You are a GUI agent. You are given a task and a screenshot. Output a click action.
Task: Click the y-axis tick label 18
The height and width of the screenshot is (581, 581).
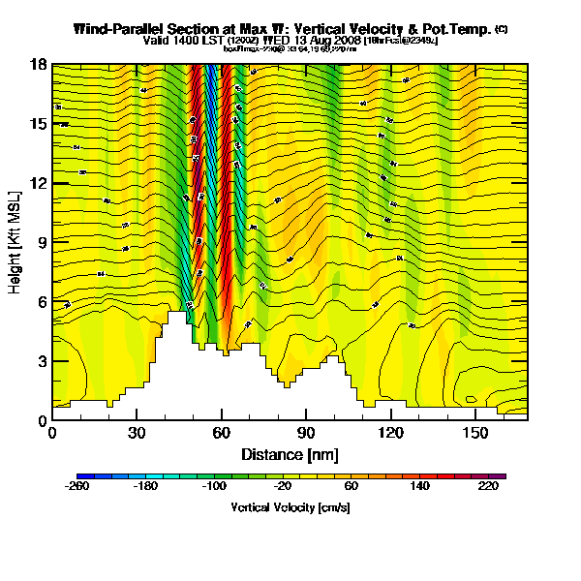click(x=39, y=65)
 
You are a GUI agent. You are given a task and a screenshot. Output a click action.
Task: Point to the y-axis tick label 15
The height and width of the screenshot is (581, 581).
click(x=39, y=124)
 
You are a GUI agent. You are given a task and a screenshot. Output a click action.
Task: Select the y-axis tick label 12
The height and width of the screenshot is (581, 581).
click(x=39, y=183)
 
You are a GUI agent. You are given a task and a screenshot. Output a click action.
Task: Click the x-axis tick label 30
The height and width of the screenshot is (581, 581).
click(x=137, y=433)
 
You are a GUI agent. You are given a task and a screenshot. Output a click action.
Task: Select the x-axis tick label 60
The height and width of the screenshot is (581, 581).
click(x=222, y=433)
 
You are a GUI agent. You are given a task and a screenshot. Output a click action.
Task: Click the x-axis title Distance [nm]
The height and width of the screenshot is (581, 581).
click(x=290, y=453)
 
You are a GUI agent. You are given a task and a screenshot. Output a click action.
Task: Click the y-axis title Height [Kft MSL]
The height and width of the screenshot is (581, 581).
click(x=15, y=243)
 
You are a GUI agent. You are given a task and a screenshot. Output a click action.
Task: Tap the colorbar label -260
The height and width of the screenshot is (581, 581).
click(x=76, y=487)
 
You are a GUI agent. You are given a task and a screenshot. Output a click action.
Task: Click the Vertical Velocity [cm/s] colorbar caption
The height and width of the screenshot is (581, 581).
click(x=290, y=506)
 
